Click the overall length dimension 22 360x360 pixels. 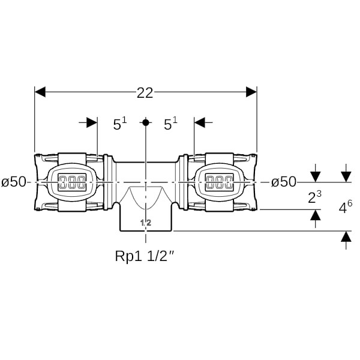(145, 93)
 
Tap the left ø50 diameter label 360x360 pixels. (14, 182)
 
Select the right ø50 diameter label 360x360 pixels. (284, 182)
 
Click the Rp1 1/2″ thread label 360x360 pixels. (146, 256)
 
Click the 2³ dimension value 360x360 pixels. (314, 197)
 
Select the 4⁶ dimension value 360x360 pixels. (346, 207)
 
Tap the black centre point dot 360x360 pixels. (146, 122)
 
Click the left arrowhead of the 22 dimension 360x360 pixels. (40, 92)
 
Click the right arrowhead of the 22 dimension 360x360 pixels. (251, 92)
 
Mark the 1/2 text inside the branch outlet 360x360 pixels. (146, 222)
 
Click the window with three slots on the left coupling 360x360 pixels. (72, 182)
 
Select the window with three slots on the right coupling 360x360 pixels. (220, 182)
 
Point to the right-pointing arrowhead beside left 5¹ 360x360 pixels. (92, 122)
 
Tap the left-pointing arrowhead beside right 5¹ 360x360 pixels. (200, 122)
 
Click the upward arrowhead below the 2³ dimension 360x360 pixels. (316, 215)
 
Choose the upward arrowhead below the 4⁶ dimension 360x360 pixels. (346, 236)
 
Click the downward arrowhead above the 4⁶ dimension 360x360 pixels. (346, 177)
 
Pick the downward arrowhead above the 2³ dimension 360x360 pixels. (316, 177)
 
